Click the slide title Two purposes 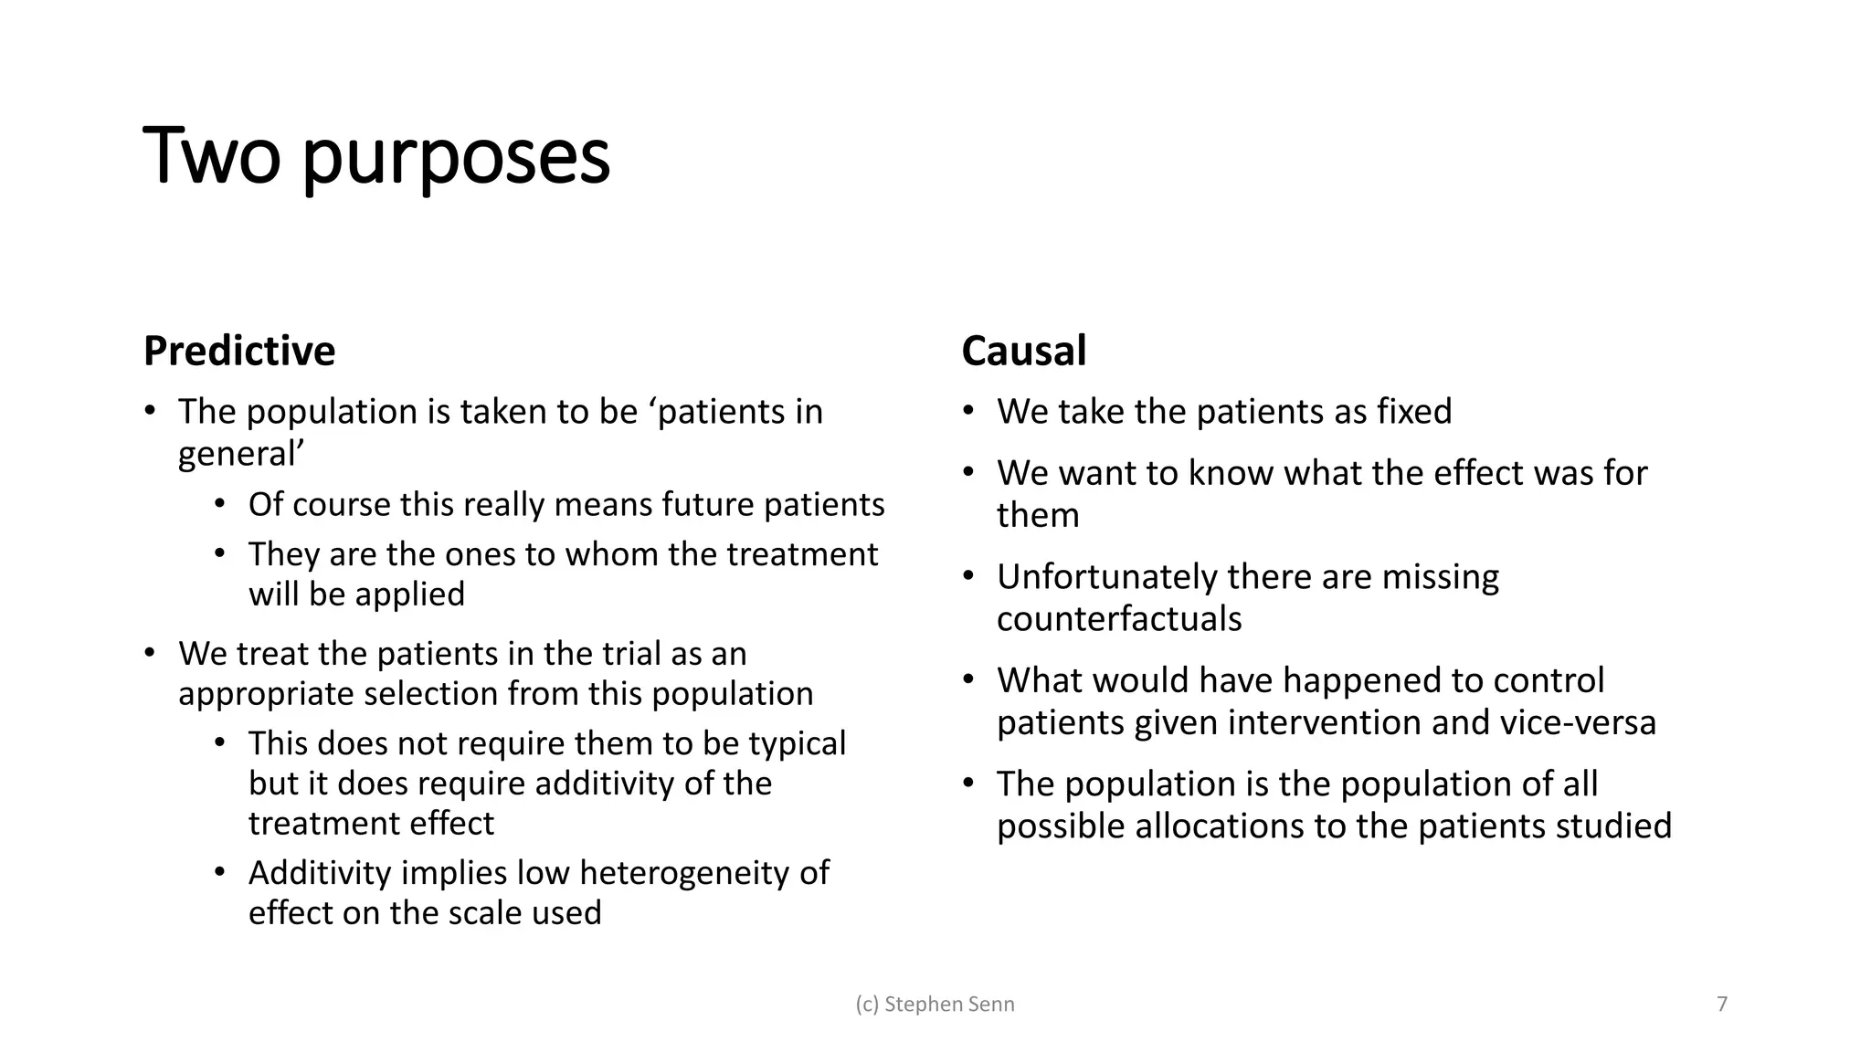376,157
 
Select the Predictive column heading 239,352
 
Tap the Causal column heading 1023,352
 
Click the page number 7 1722,1005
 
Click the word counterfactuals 1119,619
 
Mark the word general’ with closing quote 241,455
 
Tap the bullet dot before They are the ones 219,553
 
